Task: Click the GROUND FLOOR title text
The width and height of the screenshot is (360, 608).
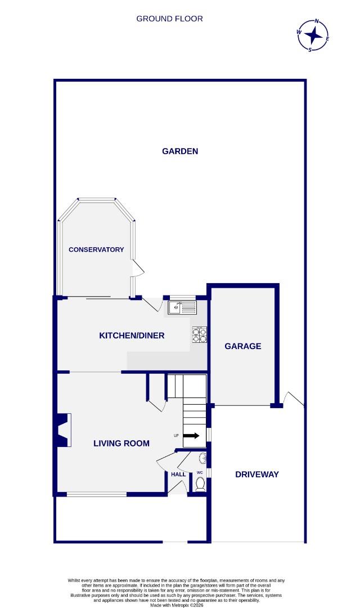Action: coord(169,19)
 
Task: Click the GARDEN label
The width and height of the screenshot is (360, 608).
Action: coord(180,151)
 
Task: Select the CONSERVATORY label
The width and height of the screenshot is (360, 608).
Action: coord(96,249)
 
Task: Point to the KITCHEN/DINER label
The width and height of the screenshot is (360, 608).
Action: coord(132,336)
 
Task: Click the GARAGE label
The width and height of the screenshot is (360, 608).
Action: coord(243,346)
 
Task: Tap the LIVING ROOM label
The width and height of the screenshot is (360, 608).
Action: coord(121,443)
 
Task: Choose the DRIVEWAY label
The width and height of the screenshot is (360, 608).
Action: coord(256,475)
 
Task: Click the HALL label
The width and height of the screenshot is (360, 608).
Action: coord(178,475)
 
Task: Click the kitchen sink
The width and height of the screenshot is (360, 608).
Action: coord(182,307)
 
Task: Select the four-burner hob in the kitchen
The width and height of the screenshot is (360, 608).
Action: coord(200,335)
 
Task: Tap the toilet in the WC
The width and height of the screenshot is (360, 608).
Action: coord(200,484)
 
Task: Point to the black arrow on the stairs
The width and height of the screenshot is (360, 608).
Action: coord(192,436)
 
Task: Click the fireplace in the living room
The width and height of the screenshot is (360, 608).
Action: coord(63,430)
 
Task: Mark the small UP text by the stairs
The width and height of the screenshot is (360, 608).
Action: coord(176,436)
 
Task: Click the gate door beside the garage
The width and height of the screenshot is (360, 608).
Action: coord(294,398)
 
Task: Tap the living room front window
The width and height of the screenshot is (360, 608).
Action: coord(96,494)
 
